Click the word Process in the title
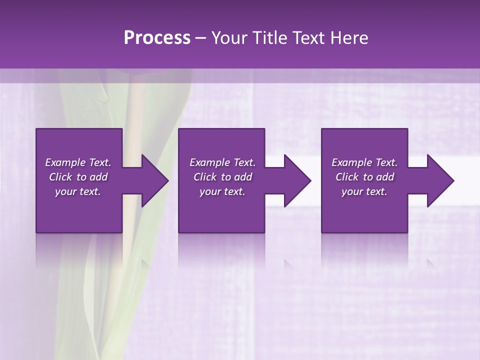click(x=156, y=38)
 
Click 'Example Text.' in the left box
click(x=78, y=162)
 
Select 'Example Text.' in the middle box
click(x=222, y=162)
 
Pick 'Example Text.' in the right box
click(x=364, y=162)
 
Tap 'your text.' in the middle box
click(x=222, y=191)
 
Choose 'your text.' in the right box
click(x=364, y=191)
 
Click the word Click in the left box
click(x=61, y=177)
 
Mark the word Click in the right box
click(x=347, y=177)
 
